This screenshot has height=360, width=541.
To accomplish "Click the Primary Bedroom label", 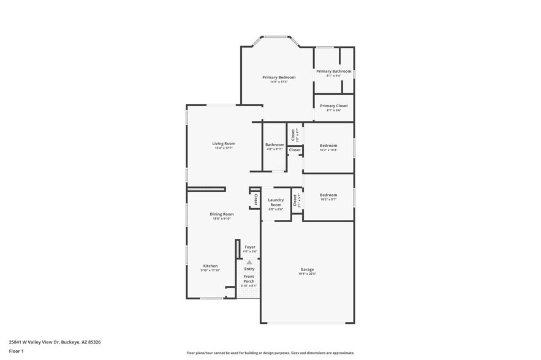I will (279, 77).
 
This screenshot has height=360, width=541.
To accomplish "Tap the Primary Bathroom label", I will (334, 71).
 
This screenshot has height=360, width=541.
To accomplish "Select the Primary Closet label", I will (334, 105).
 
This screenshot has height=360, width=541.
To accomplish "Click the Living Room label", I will (224, 143).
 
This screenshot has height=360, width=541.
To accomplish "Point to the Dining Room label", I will (224, 214).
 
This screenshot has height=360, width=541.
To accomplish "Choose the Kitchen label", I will (210, 266).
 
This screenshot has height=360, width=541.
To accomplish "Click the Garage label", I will (307, 269).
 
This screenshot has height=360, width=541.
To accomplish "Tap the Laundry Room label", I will (276, 201).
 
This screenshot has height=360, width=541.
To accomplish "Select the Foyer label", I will (250, 247).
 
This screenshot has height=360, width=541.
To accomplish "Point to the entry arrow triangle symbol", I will (249, 262).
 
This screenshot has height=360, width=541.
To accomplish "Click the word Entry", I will (249, 269).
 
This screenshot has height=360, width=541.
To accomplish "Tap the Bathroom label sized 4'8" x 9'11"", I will (274, 144).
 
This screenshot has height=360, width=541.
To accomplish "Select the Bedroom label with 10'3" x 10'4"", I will (328, 145).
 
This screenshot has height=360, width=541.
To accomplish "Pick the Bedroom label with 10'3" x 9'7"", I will (328, 195).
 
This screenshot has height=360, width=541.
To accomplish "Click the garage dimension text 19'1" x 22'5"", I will (307, 274).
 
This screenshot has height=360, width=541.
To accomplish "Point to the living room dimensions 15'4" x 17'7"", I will (224, 148).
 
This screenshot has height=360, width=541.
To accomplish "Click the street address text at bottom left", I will (55, 342).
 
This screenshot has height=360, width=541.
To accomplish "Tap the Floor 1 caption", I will (16, 351).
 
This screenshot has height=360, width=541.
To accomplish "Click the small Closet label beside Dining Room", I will (255, 199).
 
